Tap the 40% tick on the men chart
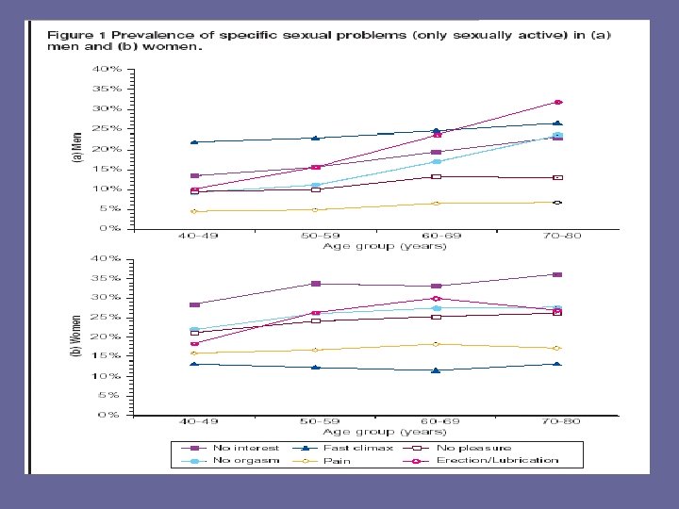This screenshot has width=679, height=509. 107,69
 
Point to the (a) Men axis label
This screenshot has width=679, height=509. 79,149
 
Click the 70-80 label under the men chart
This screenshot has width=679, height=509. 555,236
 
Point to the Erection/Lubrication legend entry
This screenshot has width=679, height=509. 496,461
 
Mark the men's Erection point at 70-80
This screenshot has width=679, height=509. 557,102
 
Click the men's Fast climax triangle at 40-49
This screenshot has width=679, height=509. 194,141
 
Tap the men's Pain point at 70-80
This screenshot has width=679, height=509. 557,203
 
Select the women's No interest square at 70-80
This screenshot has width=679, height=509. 557,274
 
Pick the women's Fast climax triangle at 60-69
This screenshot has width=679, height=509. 436,370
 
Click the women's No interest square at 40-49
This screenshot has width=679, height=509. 194,304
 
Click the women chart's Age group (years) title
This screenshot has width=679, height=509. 384,433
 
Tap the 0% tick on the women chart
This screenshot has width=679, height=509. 110,414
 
